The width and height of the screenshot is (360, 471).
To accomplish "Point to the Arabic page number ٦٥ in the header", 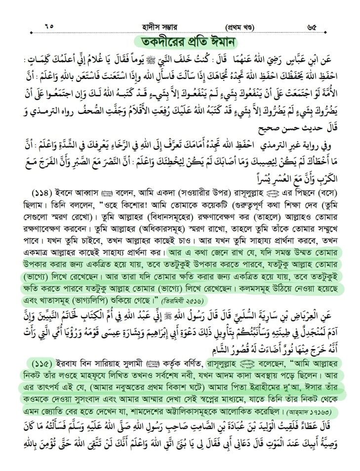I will click(48, 25).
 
